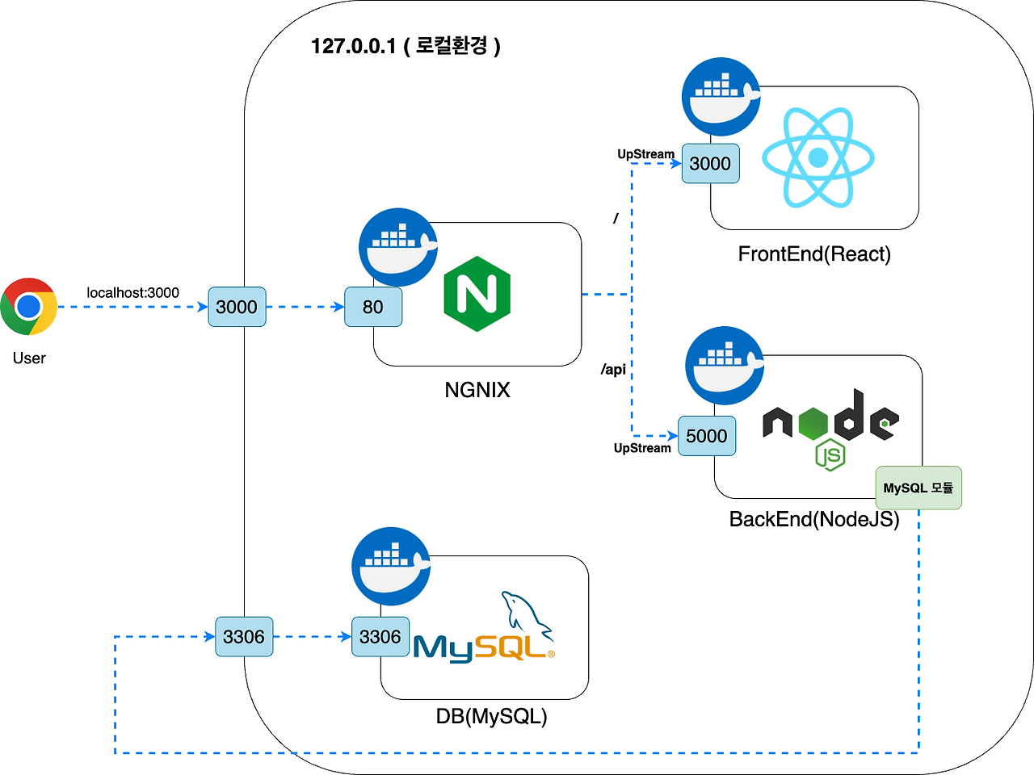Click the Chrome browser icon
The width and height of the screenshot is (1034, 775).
click(29, 307)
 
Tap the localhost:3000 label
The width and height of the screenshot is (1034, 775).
click(132, 293)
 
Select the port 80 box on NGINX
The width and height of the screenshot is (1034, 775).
click(373, 307)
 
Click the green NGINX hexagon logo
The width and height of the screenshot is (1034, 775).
click(477, 294)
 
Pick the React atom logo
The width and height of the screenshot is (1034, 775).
click(818, 157)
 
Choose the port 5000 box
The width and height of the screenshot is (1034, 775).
click(707, 436)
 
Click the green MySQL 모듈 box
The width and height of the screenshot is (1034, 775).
click(918, 488)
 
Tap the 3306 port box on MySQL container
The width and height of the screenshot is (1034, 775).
click(380, 637)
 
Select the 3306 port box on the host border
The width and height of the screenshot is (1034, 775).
click(244, 637)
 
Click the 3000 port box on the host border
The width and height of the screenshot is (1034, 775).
click(237, 307)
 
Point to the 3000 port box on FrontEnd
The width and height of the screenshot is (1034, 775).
click(710, 164)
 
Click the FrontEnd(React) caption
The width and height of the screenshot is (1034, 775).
click(814, 254)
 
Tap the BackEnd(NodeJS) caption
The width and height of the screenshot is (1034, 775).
click(814, 519)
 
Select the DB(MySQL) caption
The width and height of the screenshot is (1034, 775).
click(491, 716)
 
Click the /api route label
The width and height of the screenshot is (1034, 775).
click(613, 370)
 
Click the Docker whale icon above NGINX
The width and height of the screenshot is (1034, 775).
click(398, 247)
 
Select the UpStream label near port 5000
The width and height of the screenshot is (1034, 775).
click(642, 448)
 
